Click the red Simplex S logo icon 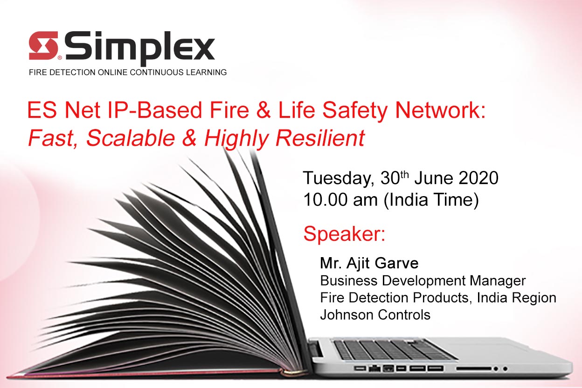tap(44, 46)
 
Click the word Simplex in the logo tap(140, 48)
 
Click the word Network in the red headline tap(440, 110)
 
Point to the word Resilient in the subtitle tap(320, 138)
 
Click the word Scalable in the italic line tap(131, 138)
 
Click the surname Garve tap(396, 263)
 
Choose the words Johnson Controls tap(375, 315)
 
